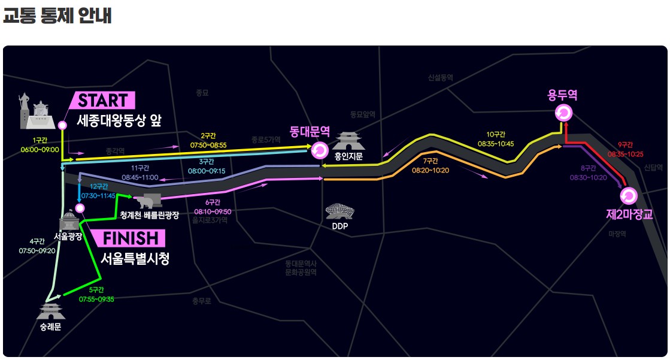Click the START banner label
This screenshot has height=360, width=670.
pos(103,100)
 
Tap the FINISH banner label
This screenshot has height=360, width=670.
pos(130,238)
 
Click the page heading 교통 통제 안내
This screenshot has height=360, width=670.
pos(57,16)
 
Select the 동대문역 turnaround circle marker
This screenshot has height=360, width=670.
pos(319,150)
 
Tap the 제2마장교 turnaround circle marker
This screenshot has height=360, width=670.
pos(627,196)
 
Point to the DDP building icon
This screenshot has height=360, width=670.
pos(339,213)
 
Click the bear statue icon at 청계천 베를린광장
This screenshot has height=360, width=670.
pos(147,200)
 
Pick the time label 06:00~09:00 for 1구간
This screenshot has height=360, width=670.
pos(39,149)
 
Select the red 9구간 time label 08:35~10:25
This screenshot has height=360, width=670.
pos(625,154)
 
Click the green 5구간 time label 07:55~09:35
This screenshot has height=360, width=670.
pos(96,299)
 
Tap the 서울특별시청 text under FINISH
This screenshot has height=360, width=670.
pos(135,259)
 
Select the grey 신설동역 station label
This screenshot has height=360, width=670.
pos(440,78)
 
